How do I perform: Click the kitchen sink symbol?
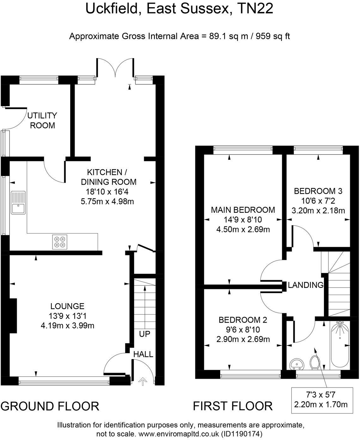coord(18,203)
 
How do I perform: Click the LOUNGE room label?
coord(67,306)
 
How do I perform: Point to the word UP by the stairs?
coord(144,334)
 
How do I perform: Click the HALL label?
coord(143,354)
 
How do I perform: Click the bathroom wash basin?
coord(296,364)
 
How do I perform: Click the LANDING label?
coord(306,285)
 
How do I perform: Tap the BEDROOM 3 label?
coord(318,191)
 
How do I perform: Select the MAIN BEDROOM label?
coord(243,210)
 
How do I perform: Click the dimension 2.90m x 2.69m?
coord(243,339)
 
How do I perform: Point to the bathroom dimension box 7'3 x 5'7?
coord(322,400)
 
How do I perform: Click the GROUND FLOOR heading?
coord(50,406)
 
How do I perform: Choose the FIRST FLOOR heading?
coord(233,406)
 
